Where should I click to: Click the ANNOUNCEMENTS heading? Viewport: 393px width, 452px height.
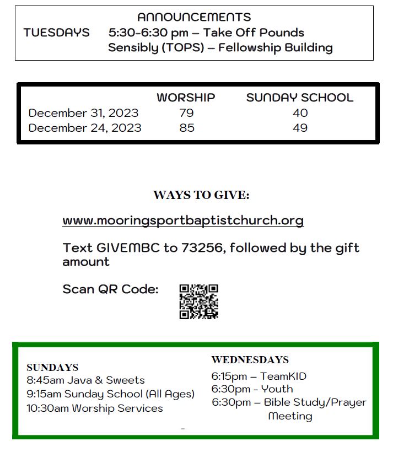tap(194, 17)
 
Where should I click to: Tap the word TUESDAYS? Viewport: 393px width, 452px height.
tap(56, 33)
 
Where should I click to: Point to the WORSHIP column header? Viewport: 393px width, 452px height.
tap(186, 98)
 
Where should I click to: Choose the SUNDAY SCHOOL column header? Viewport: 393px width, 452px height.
tap(299, 98)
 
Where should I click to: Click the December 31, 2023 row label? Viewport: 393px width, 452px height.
tap(83, 113)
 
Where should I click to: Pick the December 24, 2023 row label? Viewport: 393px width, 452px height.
tap(85, 128)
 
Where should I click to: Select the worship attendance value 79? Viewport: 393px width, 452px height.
tap(186, 113)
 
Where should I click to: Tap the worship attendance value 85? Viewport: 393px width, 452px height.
tap(187, 128)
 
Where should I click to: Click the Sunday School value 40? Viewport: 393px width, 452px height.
tap(300, 113)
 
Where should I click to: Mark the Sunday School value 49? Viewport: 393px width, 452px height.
tap(300, 128)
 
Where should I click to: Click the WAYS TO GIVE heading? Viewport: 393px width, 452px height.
tap(201, 195)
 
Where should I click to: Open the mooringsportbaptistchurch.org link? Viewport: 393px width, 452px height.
tap(183, 220)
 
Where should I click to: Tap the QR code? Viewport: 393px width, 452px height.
tap(198, 302)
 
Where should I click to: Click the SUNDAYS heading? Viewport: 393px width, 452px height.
tap(52, 367)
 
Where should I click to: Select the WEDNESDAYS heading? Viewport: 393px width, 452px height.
tap(250, 360)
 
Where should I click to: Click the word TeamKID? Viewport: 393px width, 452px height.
tap(283, 376)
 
